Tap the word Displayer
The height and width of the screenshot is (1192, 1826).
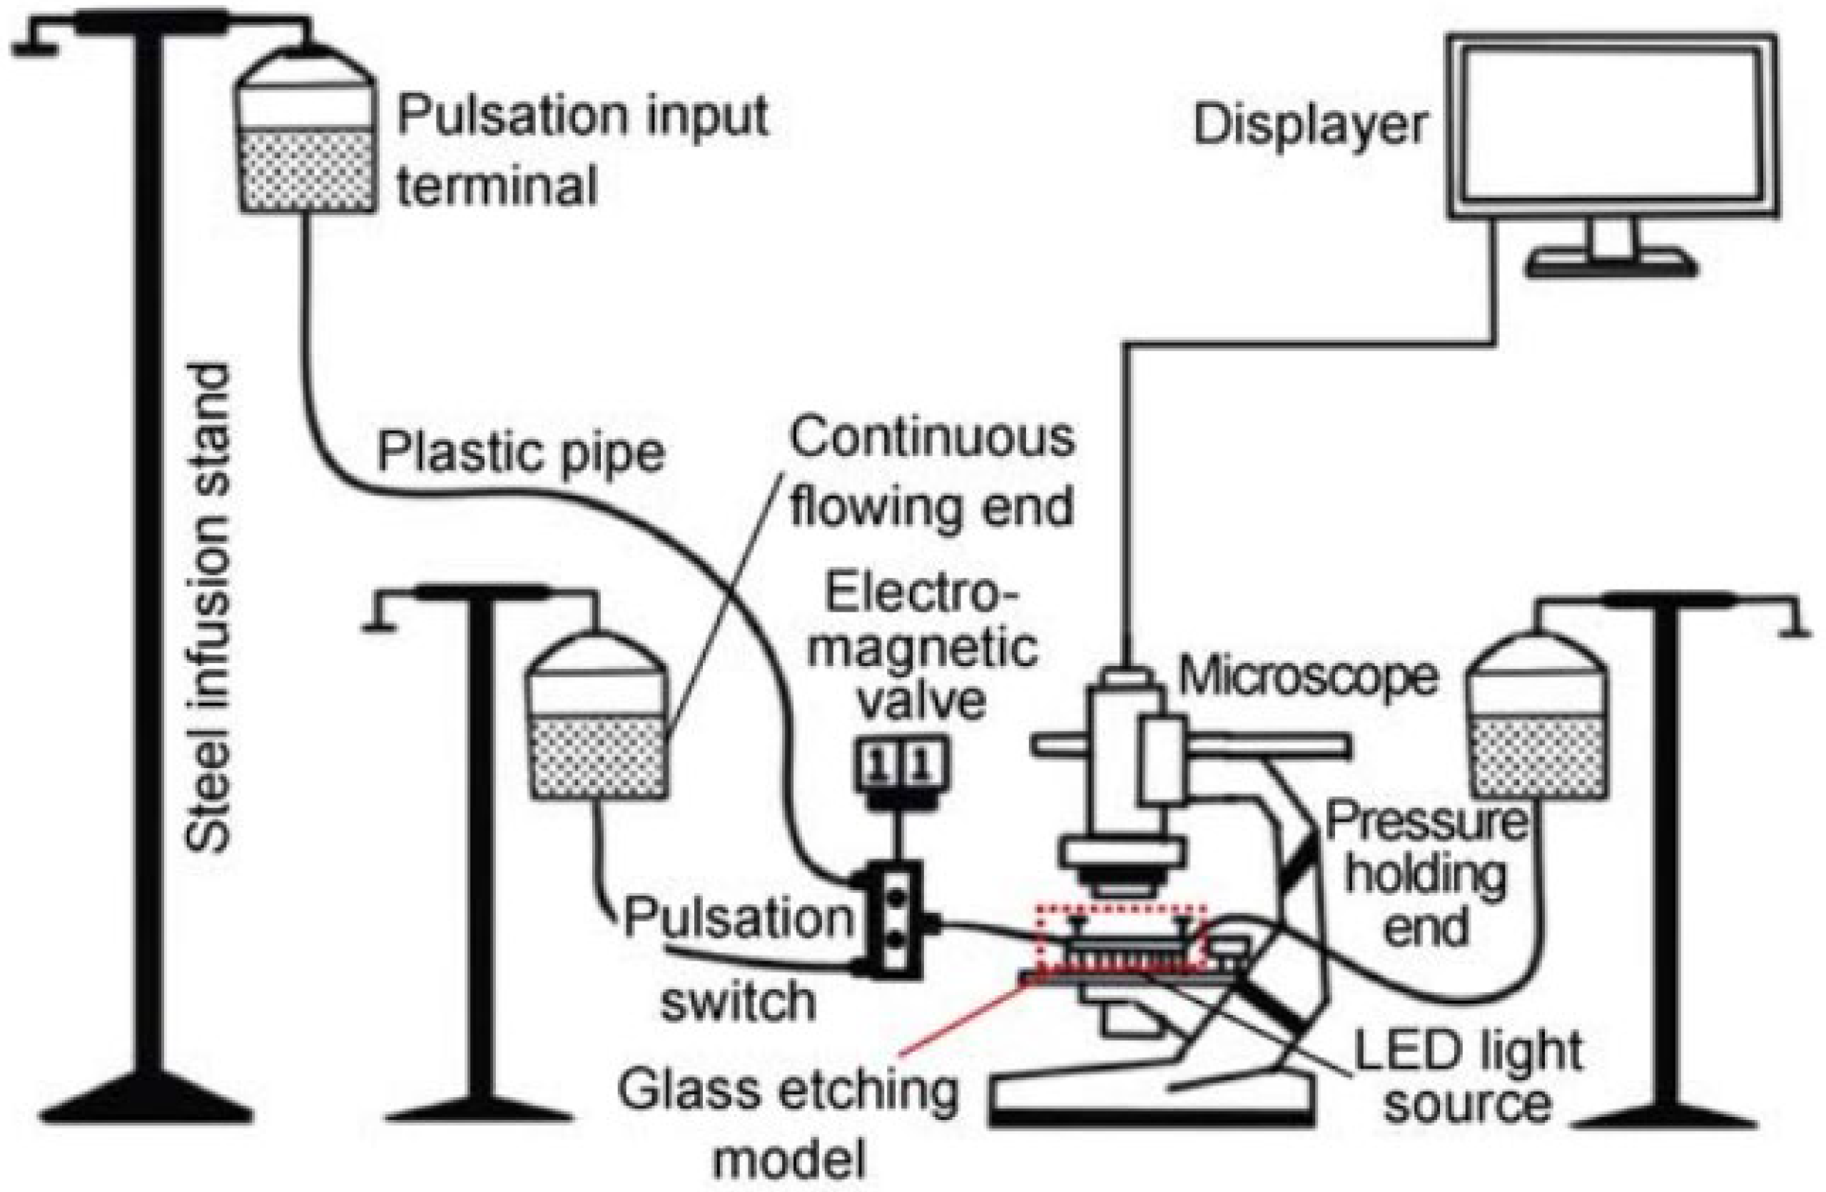1309,126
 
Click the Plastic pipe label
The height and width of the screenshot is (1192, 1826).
520,454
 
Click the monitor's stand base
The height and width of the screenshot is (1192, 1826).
1612,266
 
